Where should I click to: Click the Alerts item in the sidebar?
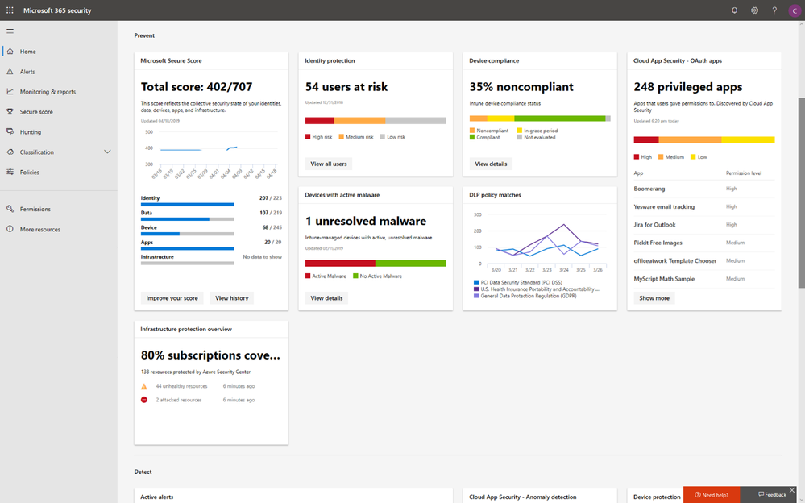[27, 72]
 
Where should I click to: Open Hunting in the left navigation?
[31, 132]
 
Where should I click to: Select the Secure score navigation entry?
[36, 112]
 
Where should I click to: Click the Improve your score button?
[172, 298]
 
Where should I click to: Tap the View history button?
[231, 298]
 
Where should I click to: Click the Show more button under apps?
[654, 298]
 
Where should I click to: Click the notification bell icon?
[734, 10]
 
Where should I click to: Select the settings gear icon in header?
[754, 10]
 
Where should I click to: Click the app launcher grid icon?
[10, 10]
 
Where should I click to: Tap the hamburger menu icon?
[10, 31]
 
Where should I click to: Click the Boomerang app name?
[649, 189]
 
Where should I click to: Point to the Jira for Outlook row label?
[654, 225]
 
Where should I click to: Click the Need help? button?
[713, 495]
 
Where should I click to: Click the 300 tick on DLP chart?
[477, 214]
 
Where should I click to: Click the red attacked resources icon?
[144, 400]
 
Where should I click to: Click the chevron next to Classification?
[107, 152]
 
